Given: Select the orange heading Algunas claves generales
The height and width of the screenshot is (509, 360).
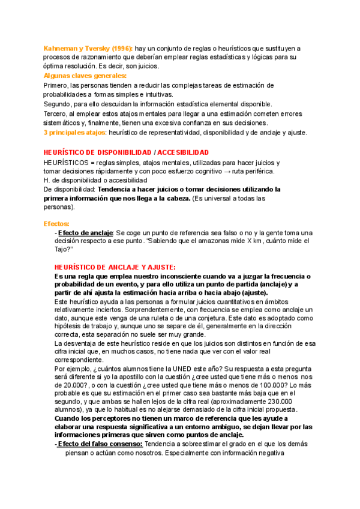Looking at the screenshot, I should click(85, 76).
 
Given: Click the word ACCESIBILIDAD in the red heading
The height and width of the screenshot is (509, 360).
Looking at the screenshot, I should click(183, 153).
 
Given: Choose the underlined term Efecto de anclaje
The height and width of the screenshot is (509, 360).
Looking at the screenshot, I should click(85, 232).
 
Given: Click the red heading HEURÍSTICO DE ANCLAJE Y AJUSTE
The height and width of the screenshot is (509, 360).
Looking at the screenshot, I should click(115, 250).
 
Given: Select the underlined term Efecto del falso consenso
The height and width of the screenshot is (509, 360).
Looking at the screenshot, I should click(100, 444).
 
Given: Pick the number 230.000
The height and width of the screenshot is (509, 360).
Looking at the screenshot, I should click(276, 401).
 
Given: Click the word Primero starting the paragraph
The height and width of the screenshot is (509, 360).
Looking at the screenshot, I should click(56, 85).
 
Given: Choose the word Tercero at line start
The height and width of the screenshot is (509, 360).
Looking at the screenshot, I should click(56, 113).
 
